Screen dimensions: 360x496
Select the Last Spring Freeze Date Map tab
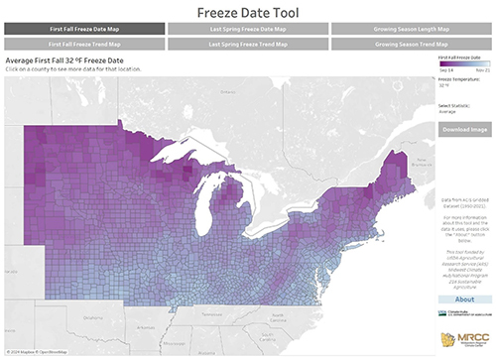click(247, 30)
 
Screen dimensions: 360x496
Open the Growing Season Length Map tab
click(412, 30)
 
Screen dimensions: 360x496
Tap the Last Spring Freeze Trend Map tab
click(247, 45)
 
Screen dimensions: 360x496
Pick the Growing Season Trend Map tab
click(412, 45)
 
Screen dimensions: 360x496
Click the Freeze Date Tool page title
click(247, 12)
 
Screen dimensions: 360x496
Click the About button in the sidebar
click(463, 299)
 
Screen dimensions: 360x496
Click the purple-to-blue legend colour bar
click(463, 65)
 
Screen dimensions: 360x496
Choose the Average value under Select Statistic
click(448, 111)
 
